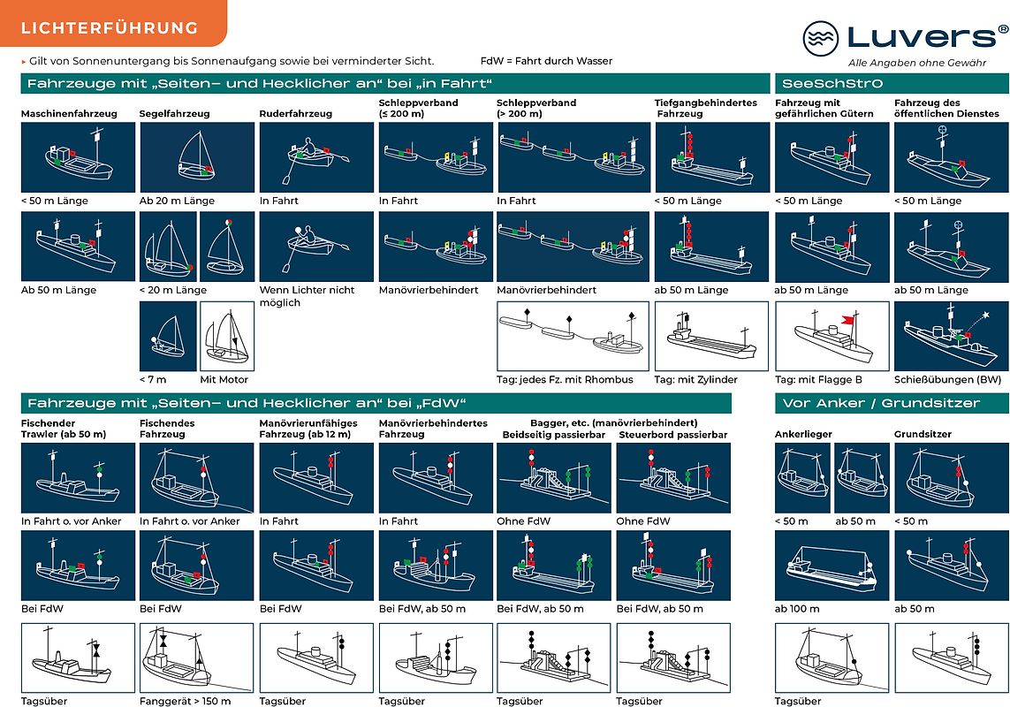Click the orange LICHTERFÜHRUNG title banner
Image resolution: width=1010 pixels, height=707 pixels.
113,23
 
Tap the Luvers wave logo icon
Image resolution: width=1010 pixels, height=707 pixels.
821,38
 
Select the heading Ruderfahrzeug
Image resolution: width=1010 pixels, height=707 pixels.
296,113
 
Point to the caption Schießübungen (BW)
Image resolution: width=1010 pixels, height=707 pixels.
947,380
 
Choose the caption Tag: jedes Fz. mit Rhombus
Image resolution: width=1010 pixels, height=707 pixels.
565,380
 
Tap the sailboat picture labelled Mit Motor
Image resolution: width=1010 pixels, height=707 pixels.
227,336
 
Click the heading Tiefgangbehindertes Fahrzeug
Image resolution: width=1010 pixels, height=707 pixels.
694,108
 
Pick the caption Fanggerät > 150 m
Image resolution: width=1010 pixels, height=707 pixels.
185,701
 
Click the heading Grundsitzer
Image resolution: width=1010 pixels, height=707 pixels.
923,435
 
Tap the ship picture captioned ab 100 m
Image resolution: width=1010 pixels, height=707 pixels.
832,566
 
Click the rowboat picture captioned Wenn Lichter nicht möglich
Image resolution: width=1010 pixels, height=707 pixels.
316,247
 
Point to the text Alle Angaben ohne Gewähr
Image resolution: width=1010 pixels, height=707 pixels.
917,63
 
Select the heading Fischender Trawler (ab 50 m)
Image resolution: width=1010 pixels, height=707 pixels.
64,429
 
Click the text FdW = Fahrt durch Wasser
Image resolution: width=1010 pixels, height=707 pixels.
546,61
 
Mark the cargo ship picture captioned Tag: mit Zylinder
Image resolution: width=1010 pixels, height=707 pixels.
711,336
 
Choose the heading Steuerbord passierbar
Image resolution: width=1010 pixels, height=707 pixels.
673,435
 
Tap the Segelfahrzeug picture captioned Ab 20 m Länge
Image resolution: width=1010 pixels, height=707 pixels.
197,157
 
